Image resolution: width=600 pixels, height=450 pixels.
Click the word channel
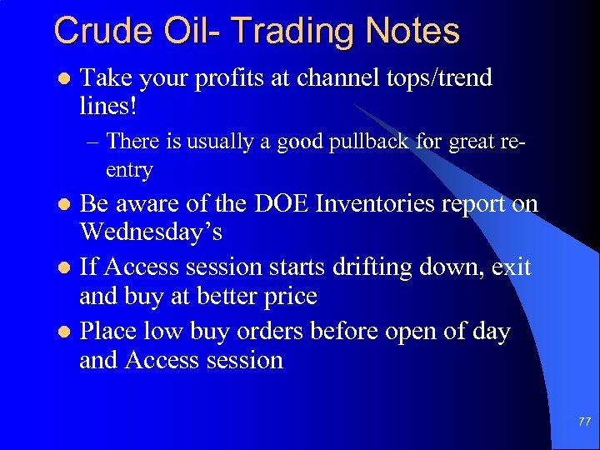tap(338, 78)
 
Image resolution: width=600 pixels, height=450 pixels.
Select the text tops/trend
tap(441, 78)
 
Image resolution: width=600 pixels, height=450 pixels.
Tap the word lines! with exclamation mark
tap(107, 107)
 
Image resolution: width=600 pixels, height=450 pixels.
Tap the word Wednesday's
tap(151, 232)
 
